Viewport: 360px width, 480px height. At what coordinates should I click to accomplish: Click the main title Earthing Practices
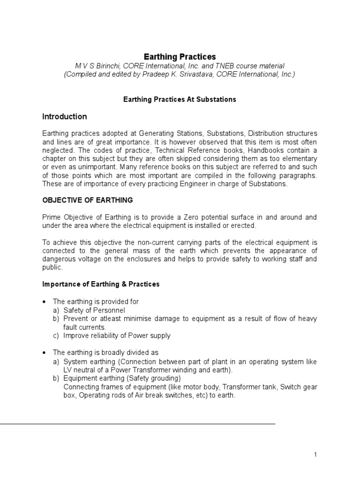click(180, 57)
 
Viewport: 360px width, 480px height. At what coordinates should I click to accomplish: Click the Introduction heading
click(64, 116)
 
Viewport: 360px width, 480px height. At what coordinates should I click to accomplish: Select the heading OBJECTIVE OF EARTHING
click(88, 200)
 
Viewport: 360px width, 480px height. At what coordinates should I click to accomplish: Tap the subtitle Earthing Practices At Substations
click(180, 99)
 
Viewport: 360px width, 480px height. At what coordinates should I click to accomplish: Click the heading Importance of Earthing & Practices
click(101, 284)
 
